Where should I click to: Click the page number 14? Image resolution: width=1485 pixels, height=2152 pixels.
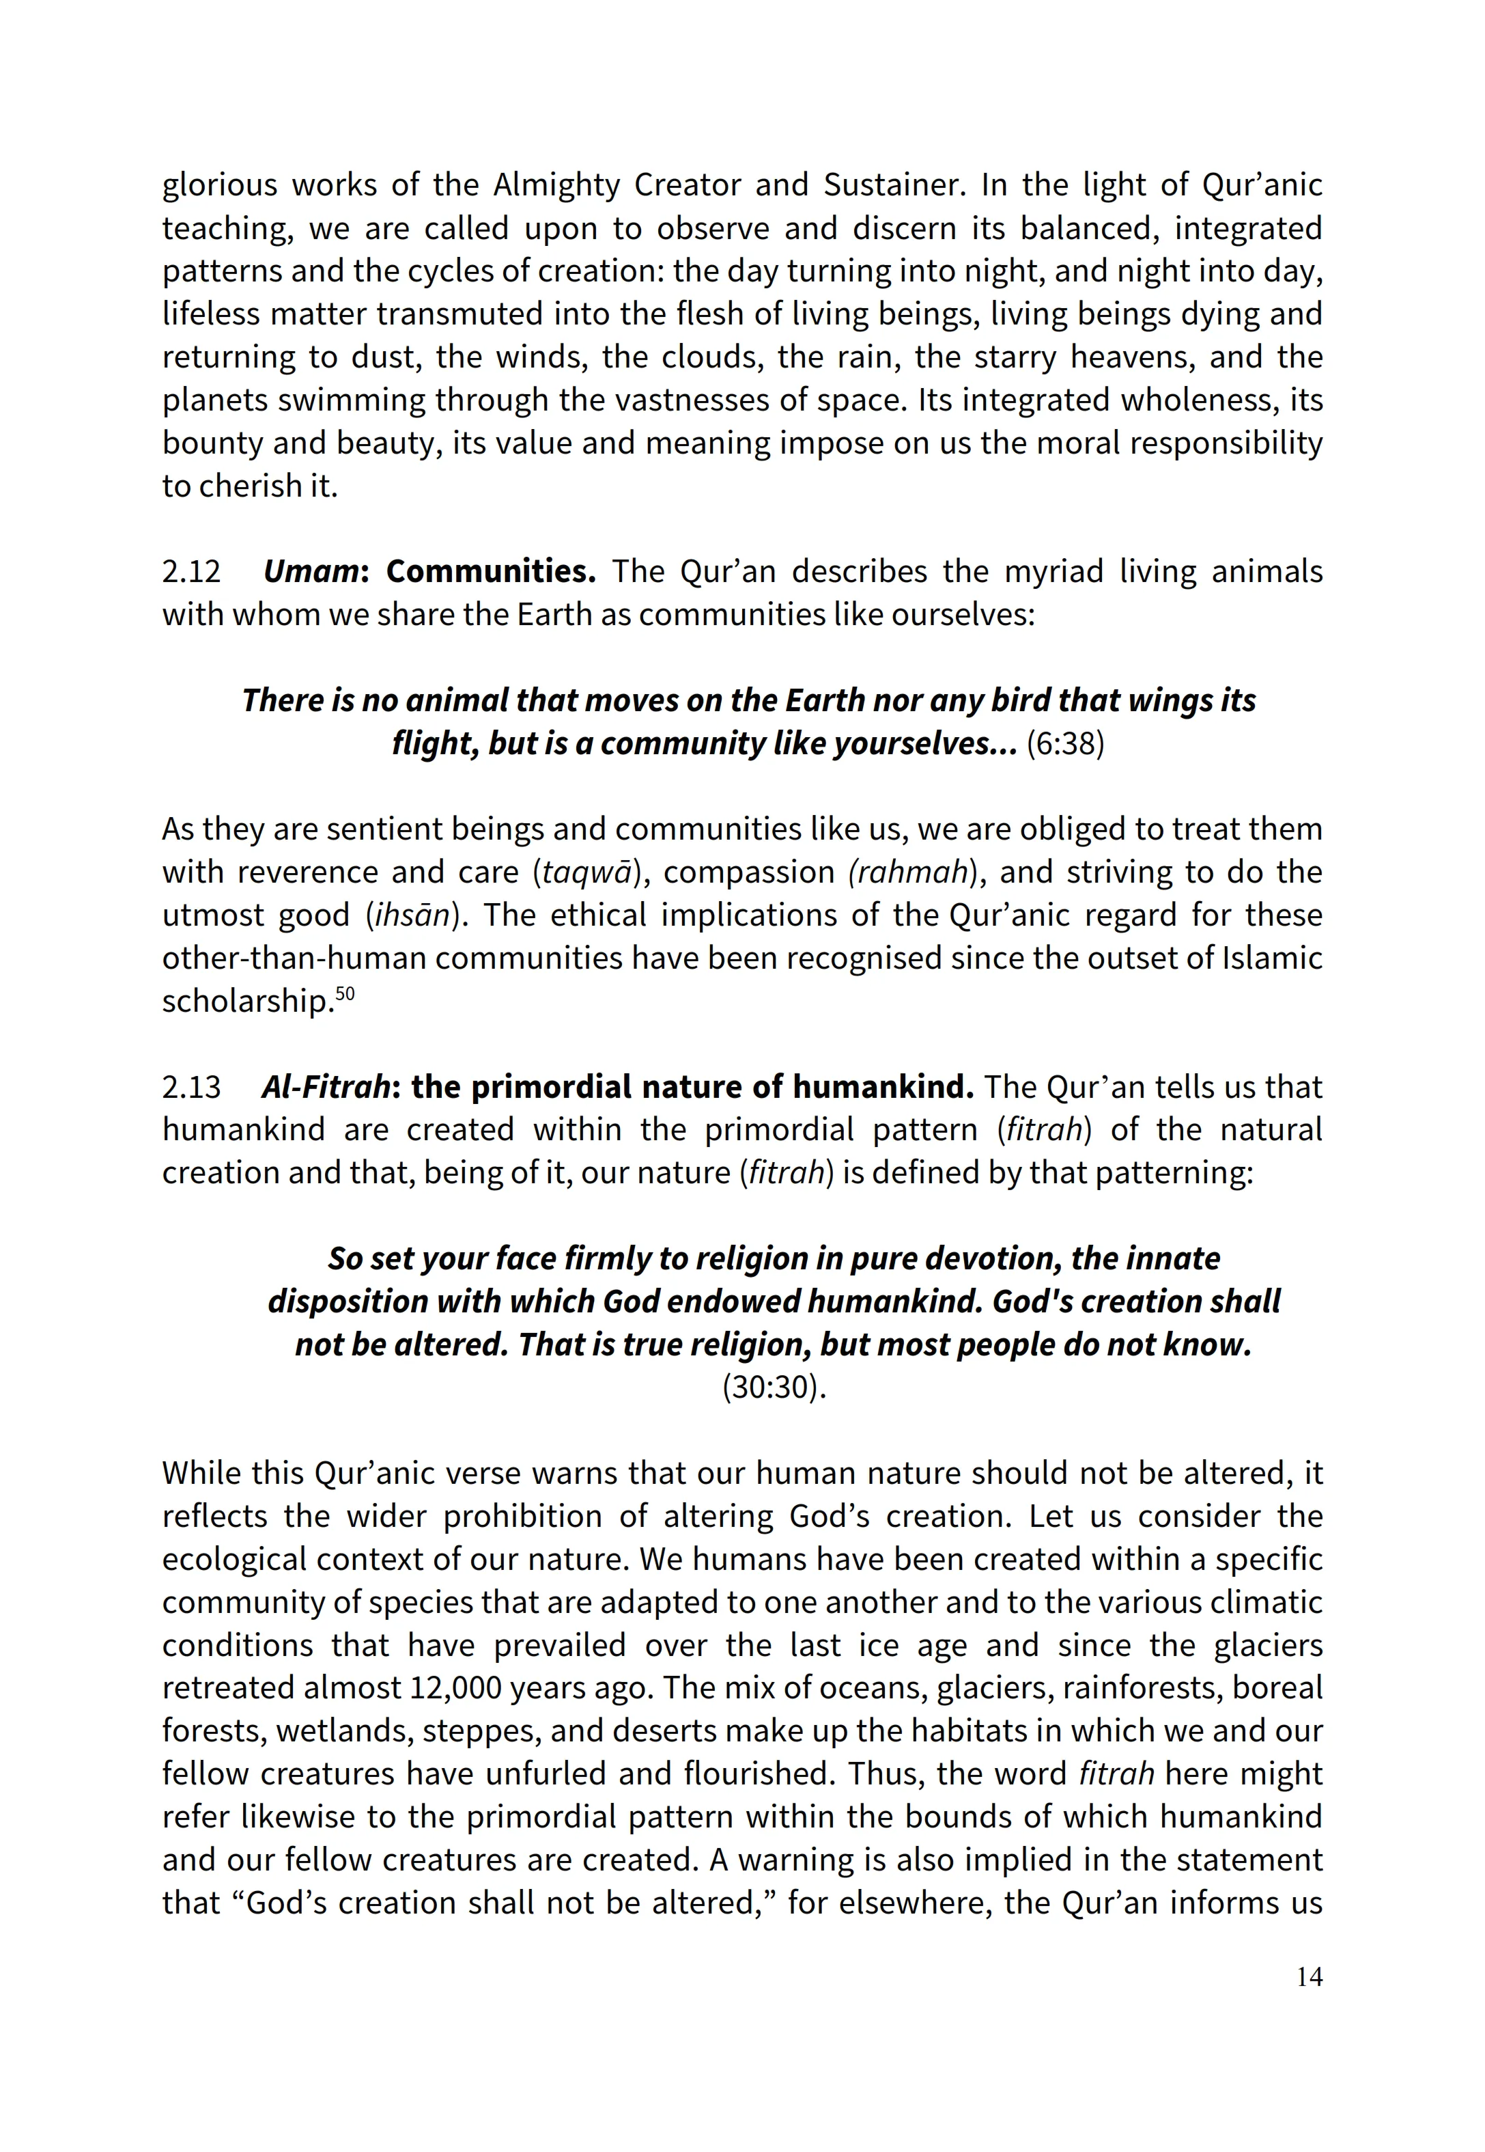1308,1976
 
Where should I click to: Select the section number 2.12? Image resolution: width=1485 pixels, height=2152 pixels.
192,572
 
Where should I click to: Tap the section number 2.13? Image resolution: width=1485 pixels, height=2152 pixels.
192,1087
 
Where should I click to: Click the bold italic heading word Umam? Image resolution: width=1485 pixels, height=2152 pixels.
311,572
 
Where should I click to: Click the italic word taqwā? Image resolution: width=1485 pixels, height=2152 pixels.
588,873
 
